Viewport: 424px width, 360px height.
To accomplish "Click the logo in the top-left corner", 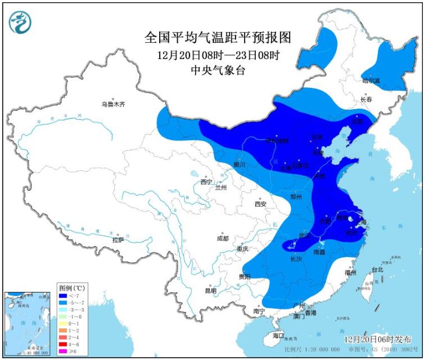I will click(x=20, y=22).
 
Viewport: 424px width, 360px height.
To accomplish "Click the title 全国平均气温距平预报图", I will click(x=219, y=38).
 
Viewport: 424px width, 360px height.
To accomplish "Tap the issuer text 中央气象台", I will click(x=219, y=70).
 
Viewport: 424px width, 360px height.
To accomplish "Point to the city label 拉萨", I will click(x=118, y=240).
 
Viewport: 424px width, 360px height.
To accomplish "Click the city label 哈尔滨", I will click(x=371, y=81).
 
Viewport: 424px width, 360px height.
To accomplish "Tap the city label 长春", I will click(x=367, y=100).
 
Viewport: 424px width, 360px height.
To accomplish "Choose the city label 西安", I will click(x=260, y=204).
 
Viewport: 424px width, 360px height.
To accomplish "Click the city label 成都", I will click(x=223, y=238).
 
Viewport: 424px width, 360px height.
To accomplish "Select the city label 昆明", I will click(x=210, y=290).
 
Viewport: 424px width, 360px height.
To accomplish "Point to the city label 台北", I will click(x=377, y=270).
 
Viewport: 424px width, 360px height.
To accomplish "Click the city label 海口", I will click(x=278, y=335).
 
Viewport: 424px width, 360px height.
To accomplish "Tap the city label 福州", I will click(x=350, y=272).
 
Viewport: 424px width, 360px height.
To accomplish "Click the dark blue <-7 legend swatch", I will click(x=63, y=295).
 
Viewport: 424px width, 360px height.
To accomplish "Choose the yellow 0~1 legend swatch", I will click(x=63, y=323).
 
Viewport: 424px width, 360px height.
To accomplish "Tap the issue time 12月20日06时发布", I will click(x=377, y=339).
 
